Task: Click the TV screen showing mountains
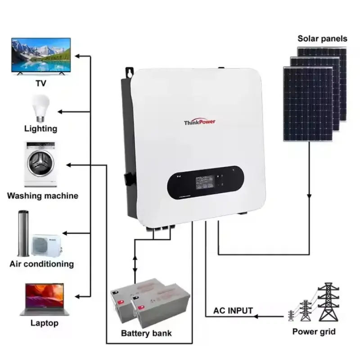(x=40, y=56)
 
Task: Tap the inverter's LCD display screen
(x=198, y=184)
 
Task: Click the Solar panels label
(x=322, y=39)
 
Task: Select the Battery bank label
(x=146, y=333)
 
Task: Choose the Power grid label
(x=314, y=332)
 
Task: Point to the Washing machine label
(x=43, y=196)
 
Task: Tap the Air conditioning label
(x=41, y=264)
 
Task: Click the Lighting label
(x=40, y=129)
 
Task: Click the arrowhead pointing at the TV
(x=78, y=56)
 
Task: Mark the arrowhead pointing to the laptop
(x=78, y=297)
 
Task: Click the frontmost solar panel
(x=308, y=103)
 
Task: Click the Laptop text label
(x=44, y=323)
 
